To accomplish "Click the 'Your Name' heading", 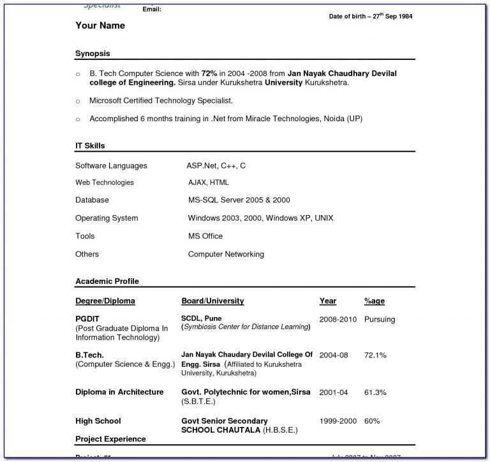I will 100,26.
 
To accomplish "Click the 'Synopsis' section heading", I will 93,54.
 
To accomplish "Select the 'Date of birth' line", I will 370,16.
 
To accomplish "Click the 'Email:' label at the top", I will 151,9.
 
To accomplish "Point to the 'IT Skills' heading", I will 90,146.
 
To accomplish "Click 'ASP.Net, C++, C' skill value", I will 216,166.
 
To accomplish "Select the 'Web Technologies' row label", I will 105,183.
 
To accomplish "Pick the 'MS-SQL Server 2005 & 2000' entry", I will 239,200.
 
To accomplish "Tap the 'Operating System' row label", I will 107,218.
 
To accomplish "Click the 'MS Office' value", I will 205,236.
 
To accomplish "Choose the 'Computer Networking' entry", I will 226,254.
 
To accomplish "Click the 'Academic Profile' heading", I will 107,281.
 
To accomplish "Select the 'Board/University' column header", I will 212,301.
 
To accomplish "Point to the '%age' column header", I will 375,301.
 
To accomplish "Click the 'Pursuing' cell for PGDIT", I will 380,319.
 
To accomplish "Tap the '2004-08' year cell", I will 334,355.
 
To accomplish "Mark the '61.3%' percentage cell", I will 375,392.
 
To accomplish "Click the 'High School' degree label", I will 98,421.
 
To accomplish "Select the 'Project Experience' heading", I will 110,439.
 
